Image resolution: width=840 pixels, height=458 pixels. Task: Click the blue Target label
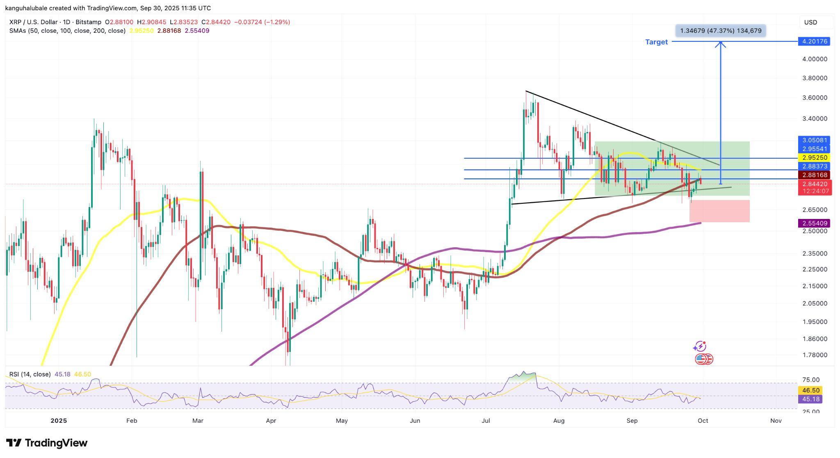pyautogui.click(x=656, y=42)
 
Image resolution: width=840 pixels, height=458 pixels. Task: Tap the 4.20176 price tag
pyautogui.click(x=814, y=41)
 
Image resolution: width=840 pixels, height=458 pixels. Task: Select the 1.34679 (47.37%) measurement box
pyautogui.click(x=721, y=31)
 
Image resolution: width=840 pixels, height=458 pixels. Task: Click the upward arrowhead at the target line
pyautogui.click(x=721, y=43)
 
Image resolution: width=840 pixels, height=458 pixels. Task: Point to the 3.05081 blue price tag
pyautogui.click(x=814, y=140)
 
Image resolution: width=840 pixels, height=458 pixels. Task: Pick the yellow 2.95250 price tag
pyautogui.click(x=814, y=158)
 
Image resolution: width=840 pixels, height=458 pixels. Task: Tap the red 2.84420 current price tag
pyautogui.click(x=814, y=184)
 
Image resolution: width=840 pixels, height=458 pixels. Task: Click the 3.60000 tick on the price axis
pyautogui.click(x=815, y=98)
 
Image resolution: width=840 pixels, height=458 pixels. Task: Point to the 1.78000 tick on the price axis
pyautogui.click(x=815, y=355)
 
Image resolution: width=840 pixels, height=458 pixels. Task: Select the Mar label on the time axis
pyautogui.click(x=198, y=421)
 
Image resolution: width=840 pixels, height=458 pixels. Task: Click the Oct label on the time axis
pyautogui.click(x=703, y=421)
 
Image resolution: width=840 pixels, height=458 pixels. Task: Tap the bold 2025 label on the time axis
pyautogui.click(x=59, y=421)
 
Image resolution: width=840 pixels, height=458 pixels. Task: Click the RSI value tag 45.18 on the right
pyautogui.click(x=810, y=399)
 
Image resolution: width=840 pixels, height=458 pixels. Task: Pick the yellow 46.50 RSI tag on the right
pyautogui.click(x=810, y=391)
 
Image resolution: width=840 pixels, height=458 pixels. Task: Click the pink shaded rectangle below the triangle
pyautogui.click(x=719, y=211)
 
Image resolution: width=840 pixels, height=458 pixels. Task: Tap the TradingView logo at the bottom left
pyautogui.click(x=47, y=443)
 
